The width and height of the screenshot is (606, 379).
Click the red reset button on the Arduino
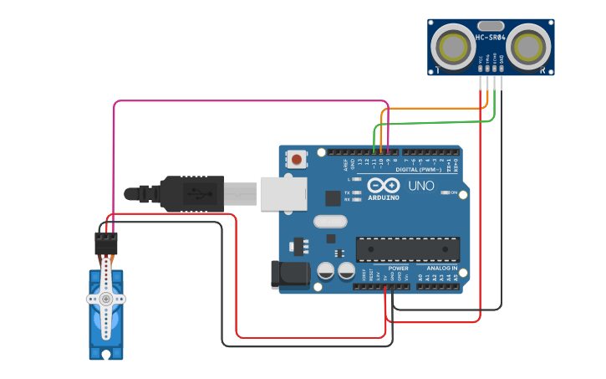pyautogui.click(x=296, y=159)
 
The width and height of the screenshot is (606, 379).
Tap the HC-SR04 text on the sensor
pyautogui.click(x=490, y=38)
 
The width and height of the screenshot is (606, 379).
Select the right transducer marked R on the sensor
pyautogui.click(x=529, y=46)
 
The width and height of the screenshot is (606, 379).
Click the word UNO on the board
pyautogui.click(x=421, y=186)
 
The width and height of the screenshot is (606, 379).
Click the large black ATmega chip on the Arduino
pyautogui.click(x=407, y=249)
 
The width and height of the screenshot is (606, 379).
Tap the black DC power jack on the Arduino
pyautogui.click(x=289, y=274)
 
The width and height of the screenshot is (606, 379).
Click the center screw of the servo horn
pyautogui.click(x=106, y=299)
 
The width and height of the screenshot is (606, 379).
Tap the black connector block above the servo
pyautogui.click(x=106, y=243)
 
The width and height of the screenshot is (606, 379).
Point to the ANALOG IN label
pyautogui.click(x=442, y=268)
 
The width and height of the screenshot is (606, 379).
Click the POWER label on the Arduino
pyautogui.click(x=399, y=268)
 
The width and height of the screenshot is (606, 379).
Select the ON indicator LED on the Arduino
pyautogui.click(x=444, y=193)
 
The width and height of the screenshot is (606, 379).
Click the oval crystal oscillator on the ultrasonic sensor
pyautogui.click(x=491, y=26)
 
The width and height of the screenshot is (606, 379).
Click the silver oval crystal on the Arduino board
pyautogui.click(x=330, y=222)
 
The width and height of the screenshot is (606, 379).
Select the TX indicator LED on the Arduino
pyautogui.click(x=357, y=192)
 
